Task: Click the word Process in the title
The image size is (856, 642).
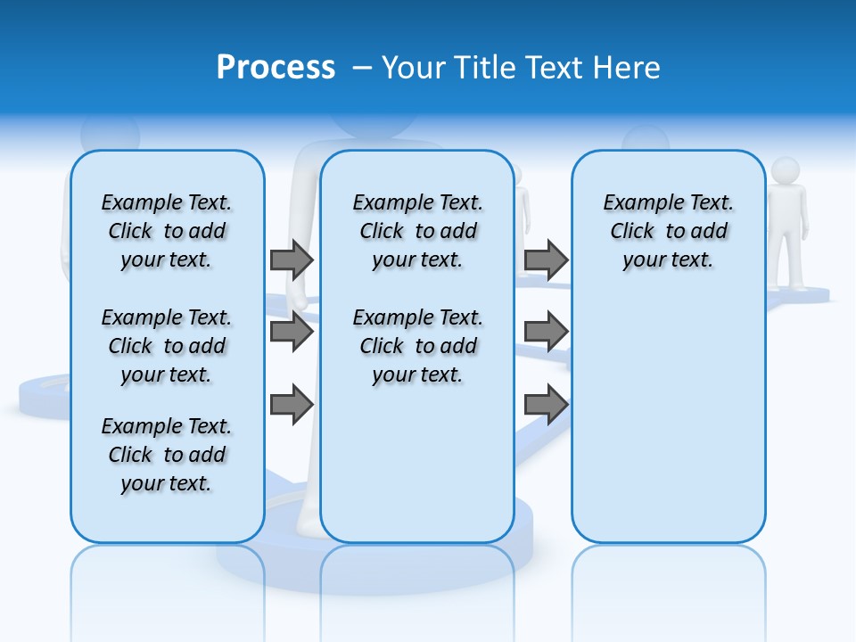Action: (276, 68)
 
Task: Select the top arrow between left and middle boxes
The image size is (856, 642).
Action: (292, 259)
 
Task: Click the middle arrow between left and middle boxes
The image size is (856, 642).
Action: (292, 332)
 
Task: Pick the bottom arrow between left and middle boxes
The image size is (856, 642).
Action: (292, 404)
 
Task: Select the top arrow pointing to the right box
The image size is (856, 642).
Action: (546, 259)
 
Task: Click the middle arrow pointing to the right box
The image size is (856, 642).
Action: (546, 332)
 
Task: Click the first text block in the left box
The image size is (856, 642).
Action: (167, 231)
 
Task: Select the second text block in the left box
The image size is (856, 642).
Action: (167, 346)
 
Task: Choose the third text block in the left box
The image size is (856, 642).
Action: (167, 455)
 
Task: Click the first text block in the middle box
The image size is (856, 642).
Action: (417, 231)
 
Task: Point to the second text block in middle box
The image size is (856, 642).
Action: (417, 346)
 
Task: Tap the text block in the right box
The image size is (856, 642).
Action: (668, 231)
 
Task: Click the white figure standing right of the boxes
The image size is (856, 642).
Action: (786, 232)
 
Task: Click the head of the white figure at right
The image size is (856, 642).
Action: (786, 170)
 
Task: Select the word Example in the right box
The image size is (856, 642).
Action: (636, 203)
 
